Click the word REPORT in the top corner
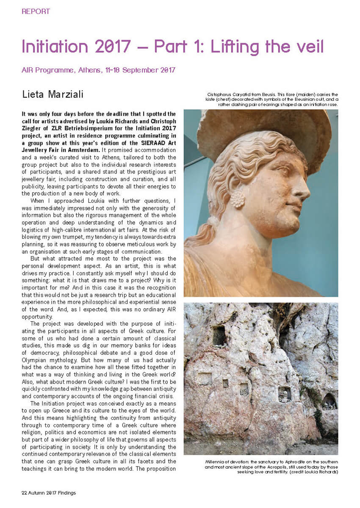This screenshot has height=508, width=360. pos(36,11)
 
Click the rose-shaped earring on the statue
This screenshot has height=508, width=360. pos(237,198)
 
